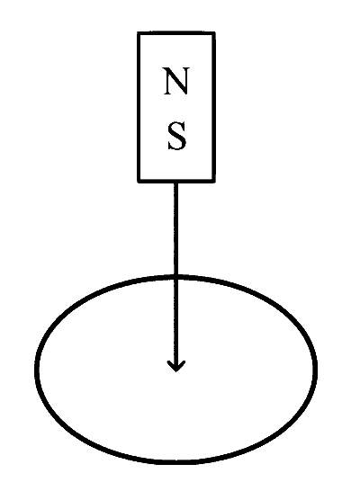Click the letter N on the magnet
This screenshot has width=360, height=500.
pyautogui.click(x=176, y=81)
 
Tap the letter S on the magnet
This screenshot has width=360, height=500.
pyautogui.click(x=176, y=136)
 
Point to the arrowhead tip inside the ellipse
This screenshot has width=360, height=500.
pyautogui.click(x=175, y=371)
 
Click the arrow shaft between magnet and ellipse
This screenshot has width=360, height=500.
pyautogui.click(x=175, y=229)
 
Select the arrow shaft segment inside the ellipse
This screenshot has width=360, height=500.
pyautogui.click(x=175, y=324)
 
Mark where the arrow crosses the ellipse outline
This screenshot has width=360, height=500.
pyautogui.click(x=175, y=276)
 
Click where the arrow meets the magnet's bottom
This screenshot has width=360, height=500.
pyautogui.click(x=175, y=182)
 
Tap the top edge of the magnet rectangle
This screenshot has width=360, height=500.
pyautogui.click(x=176, y=33)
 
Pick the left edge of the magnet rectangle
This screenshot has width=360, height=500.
pyautogui.click(x=139, y=107)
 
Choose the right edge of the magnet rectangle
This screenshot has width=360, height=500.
pyautogui.click(x=213, y=107)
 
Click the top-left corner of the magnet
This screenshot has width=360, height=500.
pyautogui.click(x=139, y=32)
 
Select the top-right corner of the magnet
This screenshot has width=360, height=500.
pyautogui.click(x=214, y=32)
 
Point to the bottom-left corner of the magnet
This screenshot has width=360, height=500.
pyautogui.click(x=139, y=182)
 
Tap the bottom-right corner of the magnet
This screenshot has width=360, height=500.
pyautogui.click(x=214, y=182)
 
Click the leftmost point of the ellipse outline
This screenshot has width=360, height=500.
pyautogui.click(x=36, y=370)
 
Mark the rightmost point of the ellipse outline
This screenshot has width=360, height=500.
pyautogui.click(x=316, y=369)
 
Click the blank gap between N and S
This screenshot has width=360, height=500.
pyautogui.click(x=176, y=109)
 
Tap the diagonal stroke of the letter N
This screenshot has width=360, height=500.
pyautogui.click(x=176, y=81)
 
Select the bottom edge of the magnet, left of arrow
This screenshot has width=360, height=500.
pyautogui.click(x=156, y=181)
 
